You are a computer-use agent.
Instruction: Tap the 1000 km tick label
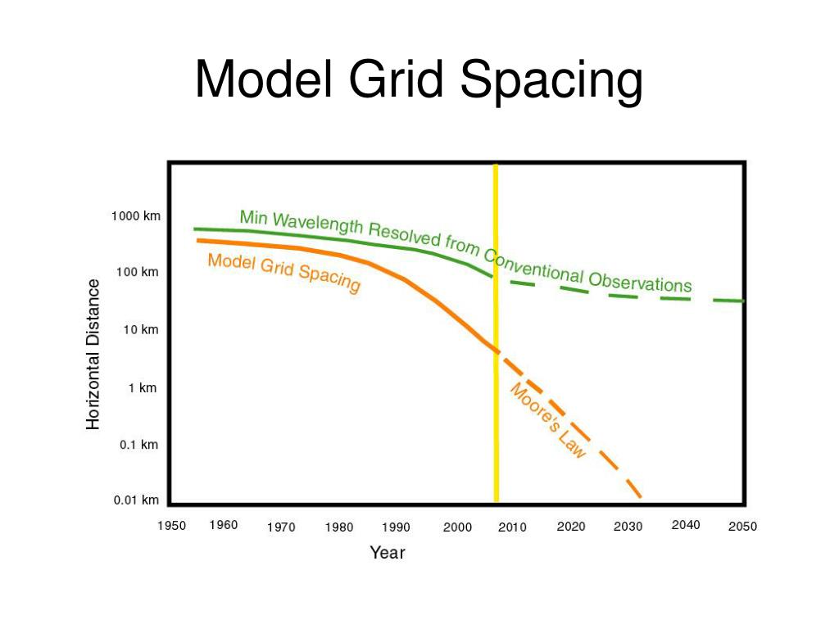(136, 216)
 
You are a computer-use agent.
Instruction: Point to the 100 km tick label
(138, 272)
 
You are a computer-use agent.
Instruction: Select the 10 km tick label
(140, 330)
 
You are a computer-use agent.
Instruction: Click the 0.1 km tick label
(138, 445)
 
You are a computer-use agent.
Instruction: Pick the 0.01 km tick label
(136, 500)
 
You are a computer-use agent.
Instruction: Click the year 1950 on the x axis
(172, 526)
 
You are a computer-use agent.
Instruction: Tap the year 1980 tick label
(339, 527)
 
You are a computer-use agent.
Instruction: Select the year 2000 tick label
(457, 527)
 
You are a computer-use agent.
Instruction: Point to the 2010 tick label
(512, 527)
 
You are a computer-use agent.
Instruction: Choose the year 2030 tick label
(628, 527)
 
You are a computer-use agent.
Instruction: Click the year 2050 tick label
(742, 527)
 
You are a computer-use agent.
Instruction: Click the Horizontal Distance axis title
(93, 354)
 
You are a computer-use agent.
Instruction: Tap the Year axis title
(387, 553)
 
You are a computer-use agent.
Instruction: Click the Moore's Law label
(548, 420)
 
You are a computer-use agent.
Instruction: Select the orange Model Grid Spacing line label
(283, 272)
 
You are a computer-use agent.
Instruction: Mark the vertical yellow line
(496, 328)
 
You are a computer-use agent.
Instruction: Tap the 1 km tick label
(143, 388)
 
